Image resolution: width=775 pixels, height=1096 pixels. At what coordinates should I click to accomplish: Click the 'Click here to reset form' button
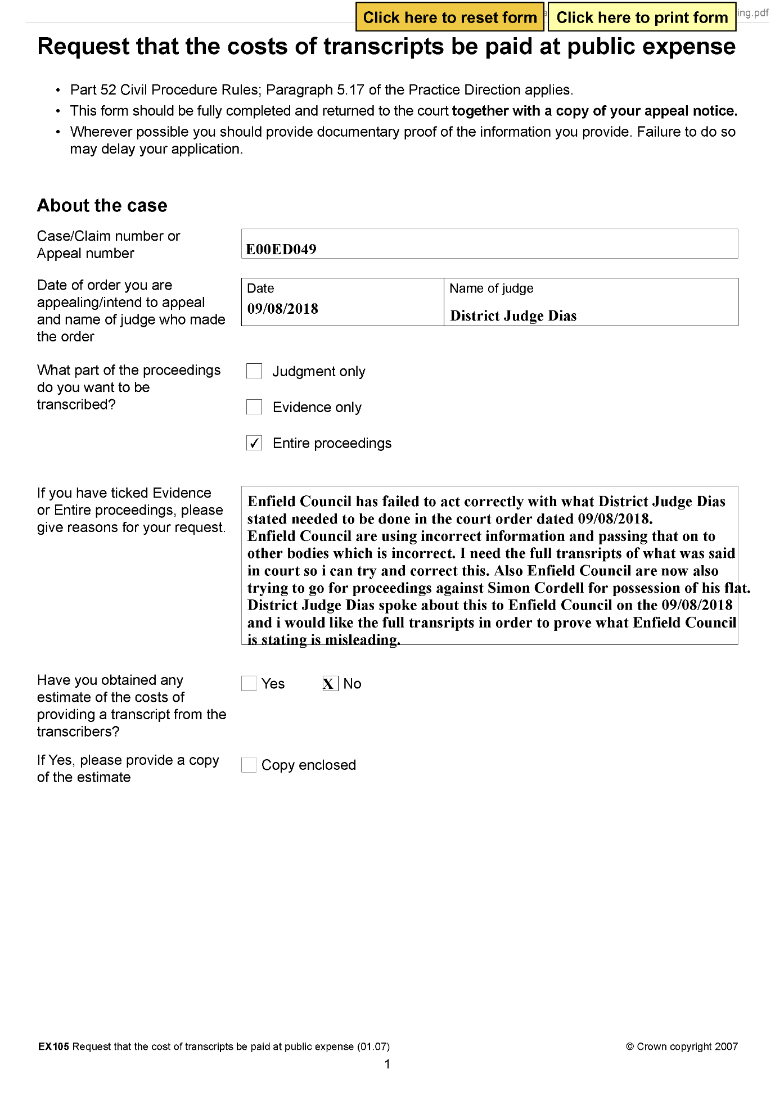point(449,17)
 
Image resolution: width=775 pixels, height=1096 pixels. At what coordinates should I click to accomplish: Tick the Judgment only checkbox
point(254,371)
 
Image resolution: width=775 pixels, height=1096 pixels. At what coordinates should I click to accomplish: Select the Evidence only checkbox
point(254,407)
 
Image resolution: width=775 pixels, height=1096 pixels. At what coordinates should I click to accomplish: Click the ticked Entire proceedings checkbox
point(254,443)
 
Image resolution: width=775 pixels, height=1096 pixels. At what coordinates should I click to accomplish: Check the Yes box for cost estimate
point(249,684)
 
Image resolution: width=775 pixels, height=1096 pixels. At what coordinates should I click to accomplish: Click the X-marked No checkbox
point(330,684)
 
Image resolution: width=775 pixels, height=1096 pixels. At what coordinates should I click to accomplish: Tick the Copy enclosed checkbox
point(249,765)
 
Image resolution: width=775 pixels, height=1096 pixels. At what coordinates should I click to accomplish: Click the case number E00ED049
point(281,249)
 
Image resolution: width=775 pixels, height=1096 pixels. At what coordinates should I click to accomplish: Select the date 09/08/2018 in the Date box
point(283,309)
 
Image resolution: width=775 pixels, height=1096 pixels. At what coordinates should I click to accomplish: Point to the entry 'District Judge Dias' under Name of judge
point(513,316)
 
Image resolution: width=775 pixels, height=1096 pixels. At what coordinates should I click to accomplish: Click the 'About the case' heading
point(102,206)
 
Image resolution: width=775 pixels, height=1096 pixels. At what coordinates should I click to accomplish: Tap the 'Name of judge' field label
point(491,288)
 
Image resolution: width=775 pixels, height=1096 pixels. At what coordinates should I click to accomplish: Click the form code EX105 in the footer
point(53,1047)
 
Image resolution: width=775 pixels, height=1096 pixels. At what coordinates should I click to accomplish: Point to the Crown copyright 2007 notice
point(681,1047)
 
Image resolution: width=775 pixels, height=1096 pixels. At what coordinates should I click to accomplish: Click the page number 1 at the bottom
point(387,1064)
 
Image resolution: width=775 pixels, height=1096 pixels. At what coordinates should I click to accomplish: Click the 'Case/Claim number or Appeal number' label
point(109,245)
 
